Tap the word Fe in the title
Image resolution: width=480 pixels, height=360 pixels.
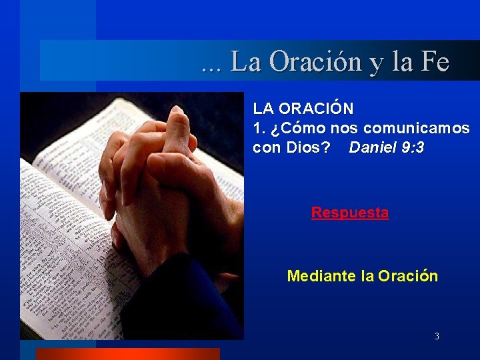coord(435,62)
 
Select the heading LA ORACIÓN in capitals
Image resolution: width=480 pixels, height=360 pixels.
coord(303,108)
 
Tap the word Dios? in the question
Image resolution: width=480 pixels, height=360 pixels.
coord(307,147)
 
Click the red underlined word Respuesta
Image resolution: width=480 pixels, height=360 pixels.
coord(349,213)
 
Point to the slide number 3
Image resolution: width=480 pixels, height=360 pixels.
coord(437,337)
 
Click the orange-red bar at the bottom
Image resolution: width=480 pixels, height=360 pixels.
coord(127,354)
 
